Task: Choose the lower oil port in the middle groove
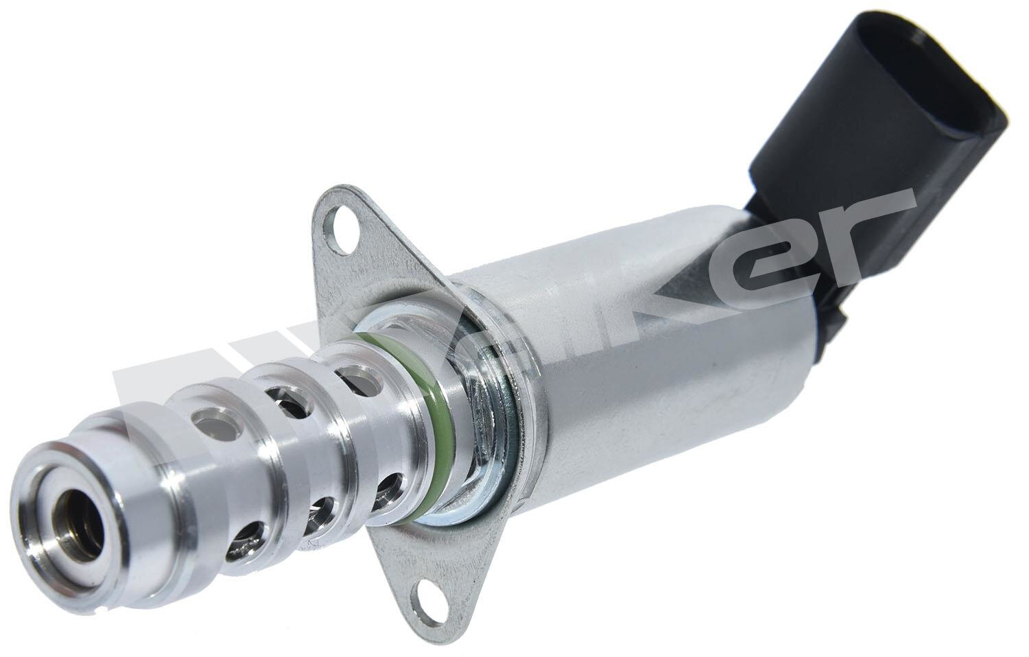[318, 511]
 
